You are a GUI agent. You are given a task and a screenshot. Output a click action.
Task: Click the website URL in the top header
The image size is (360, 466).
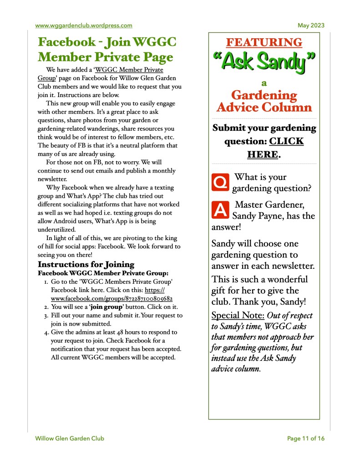[84, 26]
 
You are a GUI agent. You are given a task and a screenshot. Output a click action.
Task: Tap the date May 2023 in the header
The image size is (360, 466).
[311, 26]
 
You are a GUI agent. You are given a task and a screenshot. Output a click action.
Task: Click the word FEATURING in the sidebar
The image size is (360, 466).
[264, 43]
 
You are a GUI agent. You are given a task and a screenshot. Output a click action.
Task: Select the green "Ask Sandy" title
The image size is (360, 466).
[264, 62]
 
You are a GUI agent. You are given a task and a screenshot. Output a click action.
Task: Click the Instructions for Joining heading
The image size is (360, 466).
[86, 264]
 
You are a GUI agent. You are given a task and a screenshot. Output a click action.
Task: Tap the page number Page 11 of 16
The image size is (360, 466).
[306, 439]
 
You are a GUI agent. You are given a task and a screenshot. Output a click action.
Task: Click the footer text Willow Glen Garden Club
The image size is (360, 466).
[70, 439]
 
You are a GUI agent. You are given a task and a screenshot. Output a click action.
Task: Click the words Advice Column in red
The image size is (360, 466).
[264, 108]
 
